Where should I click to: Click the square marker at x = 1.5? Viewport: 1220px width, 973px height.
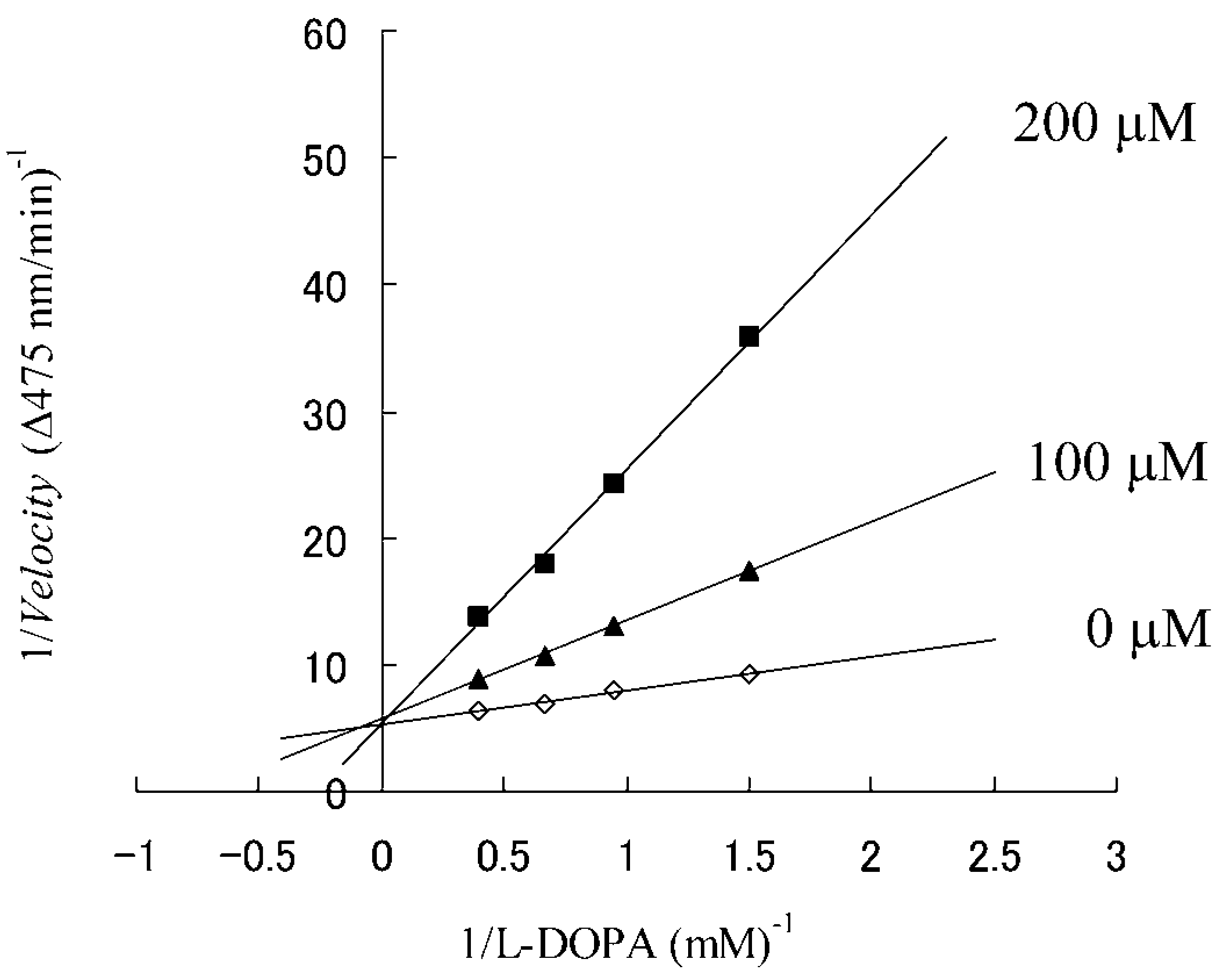(x=749, y=336)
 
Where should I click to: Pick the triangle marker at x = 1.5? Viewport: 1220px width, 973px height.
(x=749, y=572)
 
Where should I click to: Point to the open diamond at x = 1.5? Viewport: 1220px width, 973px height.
(x=749, y=674)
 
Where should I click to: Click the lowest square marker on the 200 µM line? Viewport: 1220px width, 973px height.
(x=478, y=616)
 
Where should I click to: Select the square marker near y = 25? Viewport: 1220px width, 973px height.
(x=613, y=483)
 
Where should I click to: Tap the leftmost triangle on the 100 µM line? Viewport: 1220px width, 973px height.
(x=478, y=678)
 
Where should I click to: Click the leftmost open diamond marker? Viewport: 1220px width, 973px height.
(x=478, y=711)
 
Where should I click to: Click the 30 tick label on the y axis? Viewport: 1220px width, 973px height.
(x=324, y=417)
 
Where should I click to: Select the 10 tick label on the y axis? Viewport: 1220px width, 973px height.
(x=324, y=670)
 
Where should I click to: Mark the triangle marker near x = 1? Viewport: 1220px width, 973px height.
(x=613, y=627)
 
